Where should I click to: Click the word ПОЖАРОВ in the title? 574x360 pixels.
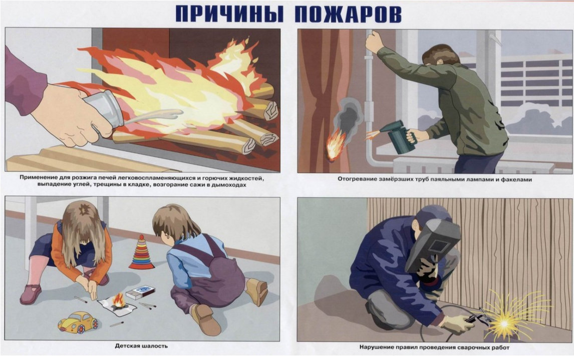(x=348, y=15)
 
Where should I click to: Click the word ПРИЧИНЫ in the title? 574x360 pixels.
(x=230, y=15)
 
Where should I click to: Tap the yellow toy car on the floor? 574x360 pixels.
(x=78, y=322)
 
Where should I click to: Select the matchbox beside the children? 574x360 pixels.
(x=140, y=293)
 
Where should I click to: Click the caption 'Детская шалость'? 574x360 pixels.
(x=141, y=346)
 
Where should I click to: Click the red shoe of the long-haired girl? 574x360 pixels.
(x=30, y=294)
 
